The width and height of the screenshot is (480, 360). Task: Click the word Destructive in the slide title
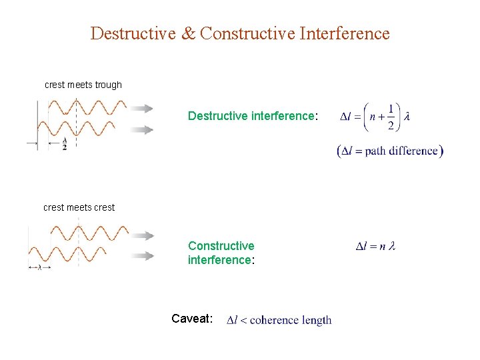(x=133, y=33)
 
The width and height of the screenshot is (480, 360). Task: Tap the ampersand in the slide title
(x=189, y=33)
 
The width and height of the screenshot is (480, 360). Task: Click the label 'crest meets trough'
(x=83, y=85)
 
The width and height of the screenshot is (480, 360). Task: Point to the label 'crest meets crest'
(x=79, y=207)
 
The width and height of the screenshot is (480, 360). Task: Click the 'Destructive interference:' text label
(x=253, y=116)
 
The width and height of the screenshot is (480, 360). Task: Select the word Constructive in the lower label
(x=221, y=246)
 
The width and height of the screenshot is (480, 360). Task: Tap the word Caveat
(x=192, y=319)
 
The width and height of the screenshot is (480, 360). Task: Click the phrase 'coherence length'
(x=291, y=320)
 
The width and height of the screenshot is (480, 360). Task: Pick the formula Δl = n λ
(x=376, y=247)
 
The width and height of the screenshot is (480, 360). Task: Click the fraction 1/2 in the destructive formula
(x=391, y=116)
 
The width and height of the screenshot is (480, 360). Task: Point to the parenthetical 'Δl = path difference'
(x=390, y=151)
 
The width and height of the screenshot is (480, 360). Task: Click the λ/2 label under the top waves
(x=65, y=145)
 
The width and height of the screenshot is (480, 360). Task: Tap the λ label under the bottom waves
(x=39, y=267)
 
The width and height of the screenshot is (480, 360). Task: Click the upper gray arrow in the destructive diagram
(x=142, y=108)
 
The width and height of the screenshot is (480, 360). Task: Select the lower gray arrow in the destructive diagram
(x=142, y=130)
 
